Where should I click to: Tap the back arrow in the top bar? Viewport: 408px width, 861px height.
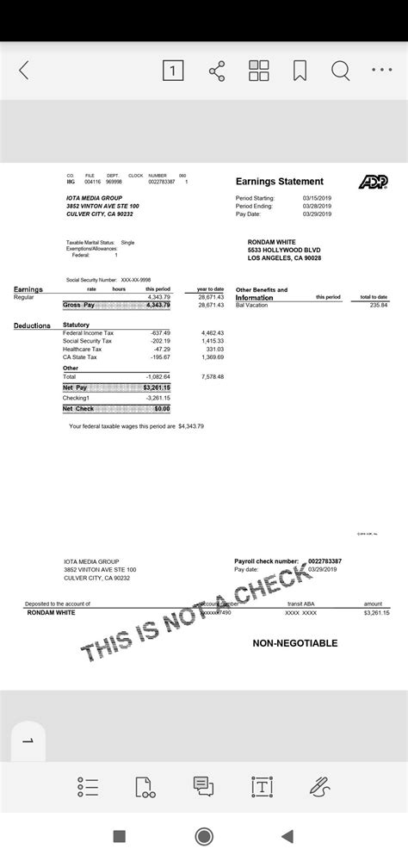pyautogui.click(x=23, y=71)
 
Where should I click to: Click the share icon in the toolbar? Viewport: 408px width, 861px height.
pyautogui.click(x=217, y=71)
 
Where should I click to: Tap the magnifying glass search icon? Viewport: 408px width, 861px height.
pyautogui.click(x=341, y=71)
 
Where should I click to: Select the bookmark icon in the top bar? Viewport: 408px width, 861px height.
pyautogui.click(x=300, y=71)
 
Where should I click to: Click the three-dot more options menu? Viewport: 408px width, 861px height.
pyautogui.click(x=382, y=71)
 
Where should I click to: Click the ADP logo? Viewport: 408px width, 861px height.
pyautogui.click(x=373, y=182)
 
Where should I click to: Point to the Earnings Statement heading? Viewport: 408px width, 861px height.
pyautogui.click(x=279, y=182)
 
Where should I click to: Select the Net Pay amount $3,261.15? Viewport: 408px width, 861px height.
pyautogui.click(x=155, y=387)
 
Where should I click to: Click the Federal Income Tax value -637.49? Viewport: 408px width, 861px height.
pyautogui.click(x=160, y=332)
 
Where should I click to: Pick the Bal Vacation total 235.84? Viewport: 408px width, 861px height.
pyautogui.click(x=379, y=305)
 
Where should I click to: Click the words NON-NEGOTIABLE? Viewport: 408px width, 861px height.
pyautogui.click(x=294, y=643)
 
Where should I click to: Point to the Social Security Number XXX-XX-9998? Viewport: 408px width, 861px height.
pyautogui.click(x=135, y=280)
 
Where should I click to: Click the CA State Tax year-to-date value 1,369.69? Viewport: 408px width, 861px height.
pyautogui.click(x=213, y=356)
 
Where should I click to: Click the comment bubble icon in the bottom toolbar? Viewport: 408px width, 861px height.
pyautogui.click(x=203, y=786)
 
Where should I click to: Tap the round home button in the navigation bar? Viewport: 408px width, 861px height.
pyautogui.click(x=204, y=836)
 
